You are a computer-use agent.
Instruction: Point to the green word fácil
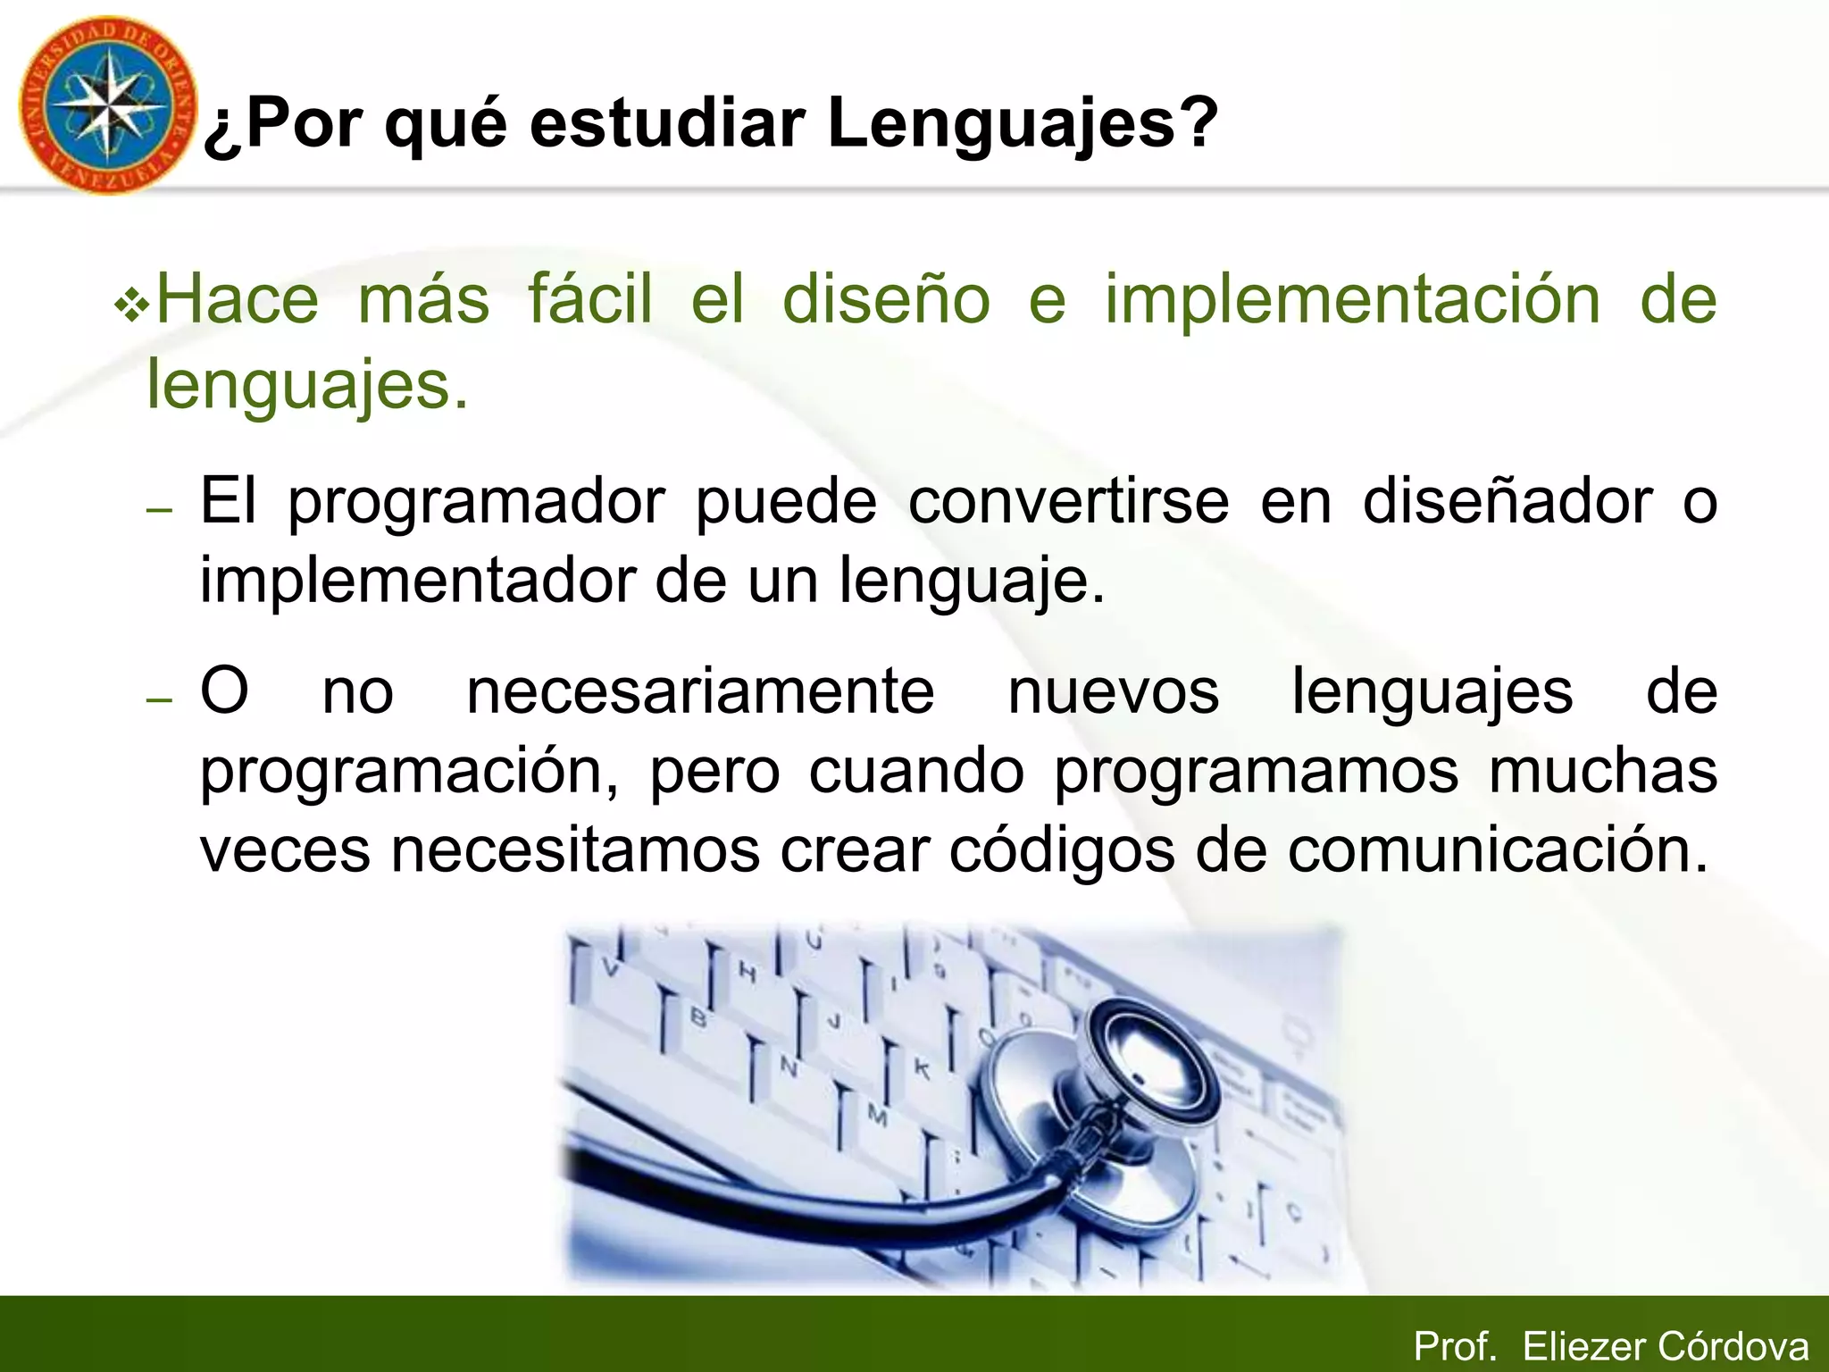590,298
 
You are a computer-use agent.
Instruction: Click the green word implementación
1352,298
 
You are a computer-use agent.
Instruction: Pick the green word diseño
886,298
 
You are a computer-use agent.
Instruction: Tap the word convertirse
1068,501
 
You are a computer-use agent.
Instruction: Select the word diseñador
1507,501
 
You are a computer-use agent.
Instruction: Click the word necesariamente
700,691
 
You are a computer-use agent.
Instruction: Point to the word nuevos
1113,691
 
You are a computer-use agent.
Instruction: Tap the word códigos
1062,850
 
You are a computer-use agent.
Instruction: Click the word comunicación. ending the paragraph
1499,850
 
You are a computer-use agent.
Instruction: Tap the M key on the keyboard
877,1117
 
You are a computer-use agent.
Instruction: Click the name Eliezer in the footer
1583,1346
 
